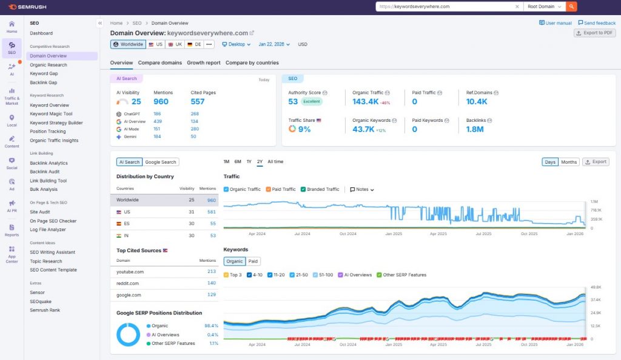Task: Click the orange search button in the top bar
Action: click(571, 7)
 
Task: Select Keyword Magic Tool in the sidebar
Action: click(51, 114)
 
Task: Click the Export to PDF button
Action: click(594, 33)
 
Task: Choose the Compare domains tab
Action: click(159, 62)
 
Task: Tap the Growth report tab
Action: click(203, 62)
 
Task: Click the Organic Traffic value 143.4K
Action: click(366, 102)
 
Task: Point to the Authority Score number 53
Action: click(293, 102)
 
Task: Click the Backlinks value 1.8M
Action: click(476, 129)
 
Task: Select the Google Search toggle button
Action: click(161, 162)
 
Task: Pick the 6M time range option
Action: click(238, 162)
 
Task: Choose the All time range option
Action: click(275, 162)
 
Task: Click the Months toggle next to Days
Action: click(569, 162)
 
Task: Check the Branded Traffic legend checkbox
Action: click(303, 189)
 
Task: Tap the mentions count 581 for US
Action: click(211, 212)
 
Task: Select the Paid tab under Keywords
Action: click(253, 261)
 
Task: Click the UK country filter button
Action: click(175, 44)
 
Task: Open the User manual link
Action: click(555, 23)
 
